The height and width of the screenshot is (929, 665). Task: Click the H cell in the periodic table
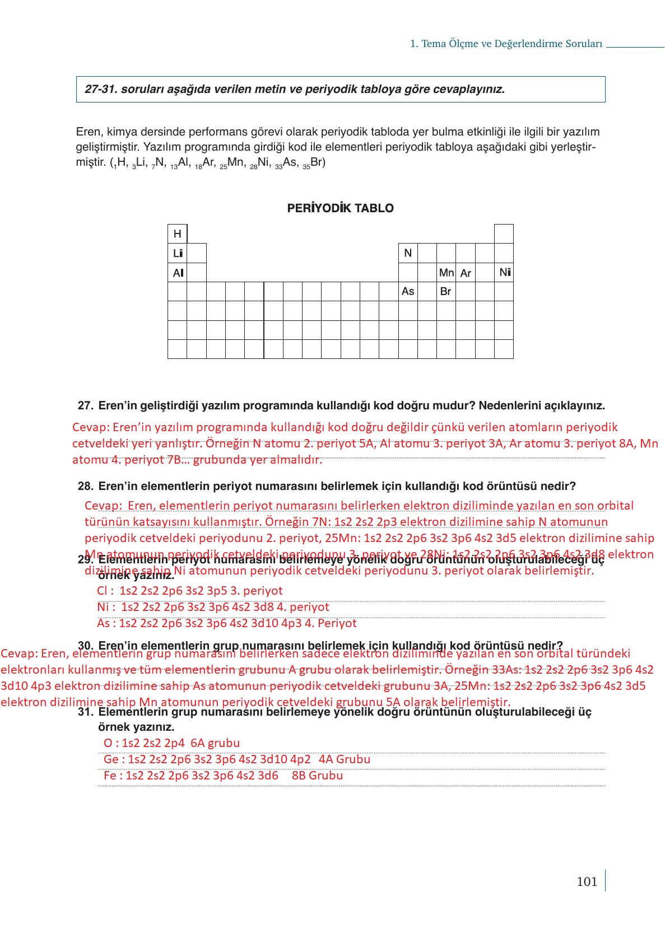pyautogui.click(x=177, y=234)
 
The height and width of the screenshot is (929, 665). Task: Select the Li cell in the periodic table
pyautogui.click(x=177, y=253)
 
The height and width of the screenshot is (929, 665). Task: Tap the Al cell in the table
pyautogui.click(x=178, y=273)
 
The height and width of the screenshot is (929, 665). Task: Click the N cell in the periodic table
pyautogui.click(x=408, y=253)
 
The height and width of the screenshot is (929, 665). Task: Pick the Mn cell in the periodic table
pyautogui.click(x=446, y=273)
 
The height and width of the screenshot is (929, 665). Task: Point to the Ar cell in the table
pyautogui.click(x=465, y=273)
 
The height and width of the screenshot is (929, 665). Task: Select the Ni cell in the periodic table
pyautogui.click(x=504, y=273)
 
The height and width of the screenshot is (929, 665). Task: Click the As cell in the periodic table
pyautogui.click(x=408, y=291)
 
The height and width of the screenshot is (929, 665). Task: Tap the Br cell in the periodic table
pyautogui.click(x=445, y=292)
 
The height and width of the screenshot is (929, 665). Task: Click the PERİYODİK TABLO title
pyautogui.click(x=340, y=208)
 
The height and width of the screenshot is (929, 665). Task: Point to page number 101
pyautogui.click(x=587, y=881)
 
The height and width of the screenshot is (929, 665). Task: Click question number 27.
pyautogui.click(x=85, y=405)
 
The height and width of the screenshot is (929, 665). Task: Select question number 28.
pyautogui.click(x=85, y=486)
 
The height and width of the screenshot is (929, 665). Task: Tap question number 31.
pyautogui.click(x=85, y=712)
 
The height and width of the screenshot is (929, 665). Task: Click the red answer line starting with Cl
pyautogui.click(x=189, y=591)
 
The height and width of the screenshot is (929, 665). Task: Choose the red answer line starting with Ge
pyautogui.click(x=236, y=759)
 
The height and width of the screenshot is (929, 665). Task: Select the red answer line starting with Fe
pyautogui.click(x=223, y=776)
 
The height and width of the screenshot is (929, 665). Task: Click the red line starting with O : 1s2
pyautogui.click(x=171, y=743)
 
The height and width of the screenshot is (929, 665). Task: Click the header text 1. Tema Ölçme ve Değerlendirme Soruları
pyautogui.click(x=506, y=44)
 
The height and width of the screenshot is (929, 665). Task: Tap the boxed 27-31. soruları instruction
pyautogui.click(x=340, y=89)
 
